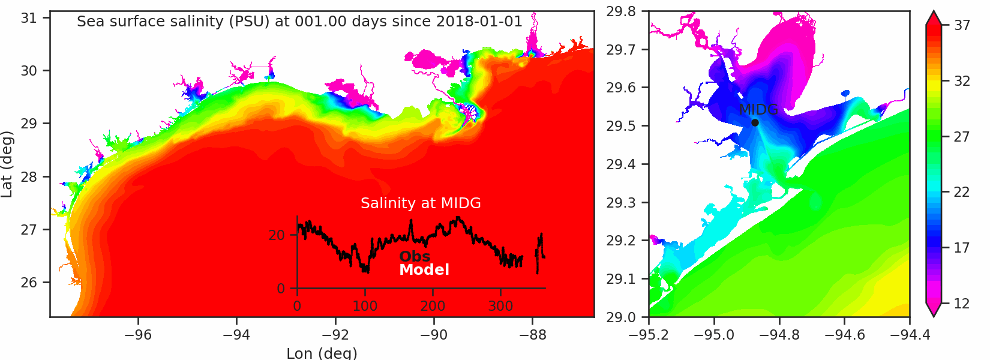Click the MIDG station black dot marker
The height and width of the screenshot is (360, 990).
coord(755,123)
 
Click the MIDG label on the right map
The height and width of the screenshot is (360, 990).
coord(758,110)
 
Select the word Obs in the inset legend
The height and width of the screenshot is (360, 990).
coord(415,257)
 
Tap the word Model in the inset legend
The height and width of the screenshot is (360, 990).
coord(424,270)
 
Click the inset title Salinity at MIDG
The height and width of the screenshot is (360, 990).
coord(421,203)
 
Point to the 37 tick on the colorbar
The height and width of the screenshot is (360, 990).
coord(962,25)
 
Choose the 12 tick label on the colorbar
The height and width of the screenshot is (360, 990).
coord(962,304)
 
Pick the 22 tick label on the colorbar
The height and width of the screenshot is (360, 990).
coord(962,192)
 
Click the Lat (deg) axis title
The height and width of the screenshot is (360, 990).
coord(7,164)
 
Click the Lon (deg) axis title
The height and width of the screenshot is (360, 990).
coord(322,353)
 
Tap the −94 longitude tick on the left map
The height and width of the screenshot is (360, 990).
coord(237,335)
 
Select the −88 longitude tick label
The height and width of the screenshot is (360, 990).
coord(533,335)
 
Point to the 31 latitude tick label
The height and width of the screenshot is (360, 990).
coord(28,18)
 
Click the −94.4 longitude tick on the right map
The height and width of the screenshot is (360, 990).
coord(909,335)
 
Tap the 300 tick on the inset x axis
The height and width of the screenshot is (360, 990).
coord(500,306)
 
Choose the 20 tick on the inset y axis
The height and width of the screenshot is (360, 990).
coord(277,235)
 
